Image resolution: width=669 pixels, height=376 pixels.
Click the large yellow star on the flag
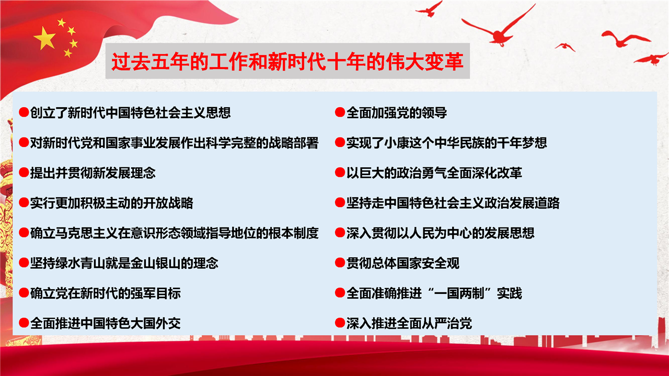click(x=45, y=38)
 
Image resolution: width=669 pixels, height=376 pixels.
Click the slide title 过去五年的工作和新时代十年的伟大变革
click(x=287, y=62)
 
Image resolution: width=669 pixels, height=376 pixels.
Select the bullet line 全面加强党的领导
click(x=397, y=112)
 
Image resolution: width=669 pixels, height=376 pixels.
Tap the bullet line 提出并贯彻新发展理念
click(x=93, y=173)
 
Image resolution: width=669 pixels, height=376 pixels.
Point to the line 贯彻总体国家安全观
click(x=403, y=263)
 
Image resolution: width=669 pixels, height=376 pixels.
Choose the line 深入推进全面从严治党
click(x=409, y=323)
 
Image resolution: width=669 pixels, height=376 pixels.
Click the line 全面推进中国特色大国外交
click(x=106, y=323)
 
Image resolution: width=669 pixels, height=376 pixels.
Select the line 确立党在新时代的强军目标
click(x=106, y=293)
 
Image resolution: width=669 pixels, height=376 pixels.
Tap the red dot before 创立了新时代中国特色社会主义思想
click(x=24, y=112)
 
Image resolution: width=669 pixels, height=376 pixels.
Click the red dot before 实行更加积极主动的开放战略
click(x=24, y=203)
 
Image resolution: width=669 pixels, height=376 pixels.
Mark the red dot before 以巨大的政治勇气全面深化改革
click(x=340, y=173)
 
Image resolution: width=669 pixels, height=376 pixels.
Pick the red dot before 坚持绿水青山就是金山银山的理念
click(x=24, y=263)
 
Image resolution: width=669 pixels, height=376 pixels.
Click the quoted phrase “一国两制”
click(x=459, y=293)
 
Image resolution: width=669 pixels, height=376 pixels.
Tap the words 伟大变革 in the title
click(x=425, y=62)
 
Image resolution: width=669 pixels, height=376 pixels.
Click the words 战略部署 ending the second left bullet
click(x=294, y=143)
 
